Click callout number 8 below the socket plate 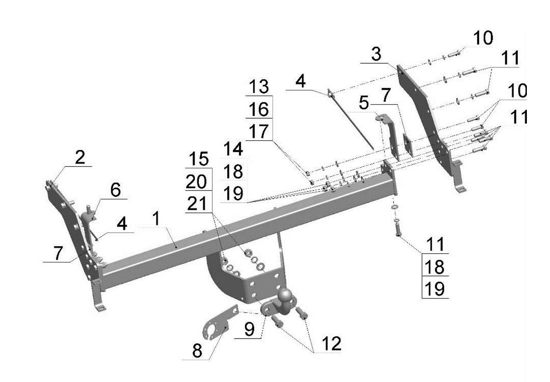click(197, 350)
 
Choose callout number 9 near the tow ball click(249, 329)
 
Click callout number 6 click(115, 191)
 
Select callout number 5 click(364, 103)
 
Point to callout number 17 click(260, 131)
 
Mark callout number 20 click(197, 181)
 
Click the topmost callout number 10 click(483, 38)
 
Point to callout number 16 click(260, 109)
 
